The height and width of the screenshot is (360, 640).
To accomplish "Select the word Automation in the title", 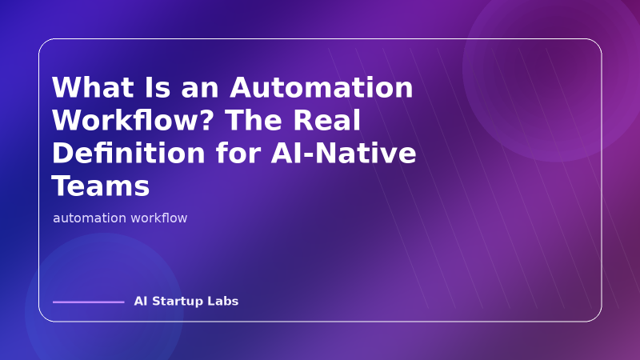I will pos(322,88).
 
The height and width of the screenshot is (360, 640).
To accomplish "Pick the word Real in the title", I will pos(327,121).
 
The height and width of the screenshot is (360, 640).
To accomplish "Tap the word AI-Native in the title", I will pos(346,154).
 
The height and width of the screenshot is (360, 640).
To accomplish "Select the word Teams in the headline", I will pos(101,186).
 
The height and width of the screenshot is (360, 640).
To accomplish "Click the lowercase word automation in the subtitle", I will pos(90,218).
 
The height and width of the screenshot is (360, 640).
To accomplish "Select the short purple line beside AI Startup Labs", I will pos(88,302).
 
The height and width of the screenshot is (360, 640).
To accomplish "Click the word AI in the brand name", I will pos(141,302).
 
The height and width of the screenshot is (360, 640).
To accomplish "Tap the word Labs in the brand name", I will pos(225,302).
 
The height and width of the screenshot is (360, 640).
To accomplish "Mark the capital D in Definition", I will pos(63,154).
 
